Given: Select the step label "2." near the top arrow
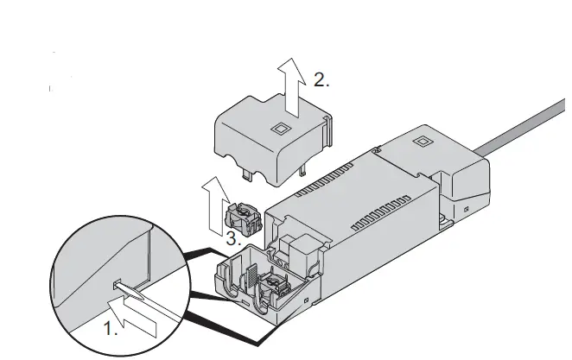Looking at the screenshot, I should tap(321, 80).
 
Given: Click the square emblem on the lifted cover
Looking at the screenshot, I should tap(280, 129).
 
